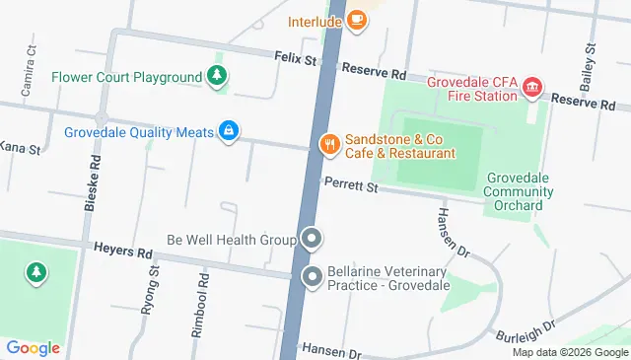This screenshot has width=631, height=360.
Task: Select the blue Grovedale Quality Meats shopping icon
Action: pyautogui.click(x=229, y=131)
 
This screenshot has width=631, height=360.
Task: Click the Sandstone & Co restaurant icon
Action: pyautogui.click(x=330, y=146)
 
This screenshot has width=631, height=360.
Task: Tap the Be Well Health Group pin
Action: pyautogui.click(x=312, y=240)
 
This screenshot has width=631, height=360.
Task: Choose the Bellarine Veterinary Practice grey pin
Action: pyautogui.click(x=312, y=278)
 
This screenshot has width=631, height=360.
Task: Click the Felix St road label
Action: pyautogui.click(x=295, y=61)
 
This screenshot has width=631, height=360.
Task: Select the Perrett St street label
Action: pyautogui.click(x=350, y=185)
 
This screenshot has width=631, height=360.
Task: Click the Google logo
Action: pyautogui.click(x=33, y=347)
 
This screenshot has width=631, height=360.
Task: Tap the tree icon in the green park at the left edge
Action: pyautogui.click(x=36, y=270)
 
